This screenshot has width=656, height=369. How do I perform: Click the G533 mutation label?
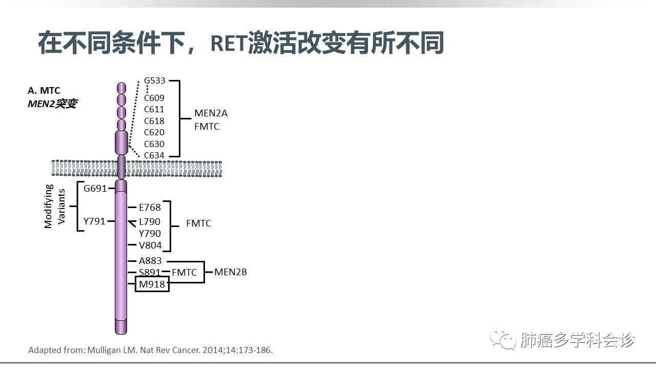(154, 80)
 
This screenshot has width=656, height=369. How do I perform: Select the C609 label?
(154, 98)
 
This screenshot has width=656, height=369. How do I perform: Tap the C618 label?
(154, 121)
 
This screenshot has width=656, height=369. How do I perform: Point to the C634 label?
(154, 155)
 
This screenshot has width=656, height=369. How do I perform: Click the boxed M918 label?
(152, 284)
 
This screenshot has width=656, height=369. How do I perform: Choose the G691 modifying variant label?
(95, 188)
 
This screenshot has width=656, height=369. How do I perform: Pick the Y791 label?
(94, 221)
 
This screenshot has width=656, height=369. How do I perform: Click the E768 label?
(150, 208)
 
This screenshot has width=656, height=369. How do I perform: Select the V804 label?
(150, 245)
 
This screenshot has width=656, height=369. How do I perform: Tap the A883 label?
(150, 261)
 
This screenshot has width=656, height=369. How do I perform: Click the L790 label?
(150, 222)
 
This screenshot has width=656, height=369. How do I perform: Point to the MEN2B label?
(231, 272)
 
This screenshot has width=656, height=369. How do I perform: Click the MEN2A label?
(211, 113)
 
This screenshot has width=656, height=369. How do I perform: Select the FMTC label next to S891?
(184, 273)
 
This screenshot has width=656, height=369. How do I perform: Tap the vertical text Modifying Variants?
(55, 206)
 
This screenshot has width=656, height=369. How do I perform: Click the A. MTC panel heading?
(44, 91)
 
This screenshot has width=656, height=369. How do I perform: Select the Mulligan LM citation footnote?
(151, 351)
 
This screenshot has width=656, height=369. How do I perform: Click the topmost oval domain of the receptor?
(121, 88)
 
